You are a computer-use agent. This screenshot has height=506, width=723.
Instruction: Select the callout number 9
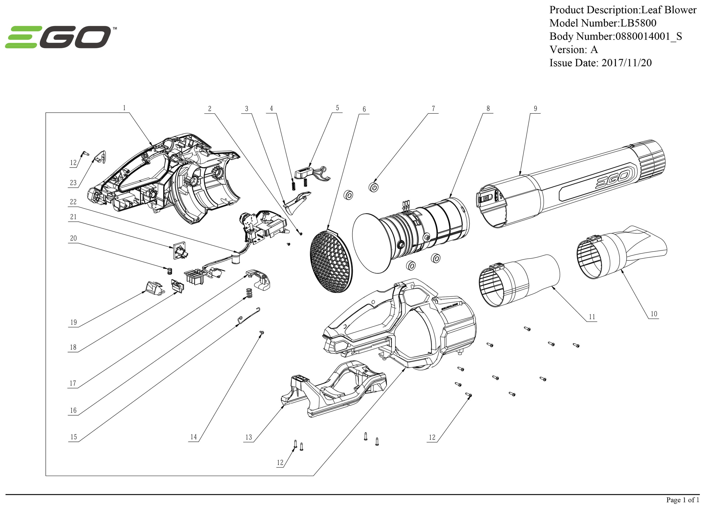(535, 109)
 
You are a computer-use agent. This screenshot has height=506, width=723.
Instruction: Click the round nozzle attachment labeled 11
(520, 280)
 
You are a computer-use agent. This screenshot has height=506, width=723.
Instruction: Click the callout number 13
(248, 437)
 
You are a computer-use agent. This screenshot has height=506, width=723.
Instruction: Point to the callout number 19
(73, 322)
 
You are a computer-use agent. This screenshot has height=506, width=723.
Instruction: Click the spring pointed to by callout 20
(169, 271)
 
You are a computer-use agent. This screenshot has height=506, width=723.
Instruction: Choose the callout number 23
(73, 183)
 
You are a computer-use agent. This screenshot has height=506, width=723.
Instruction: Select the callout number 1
(124, 108)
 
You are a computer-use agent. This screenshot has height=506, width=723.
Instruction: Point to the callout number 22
(73, 202)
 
